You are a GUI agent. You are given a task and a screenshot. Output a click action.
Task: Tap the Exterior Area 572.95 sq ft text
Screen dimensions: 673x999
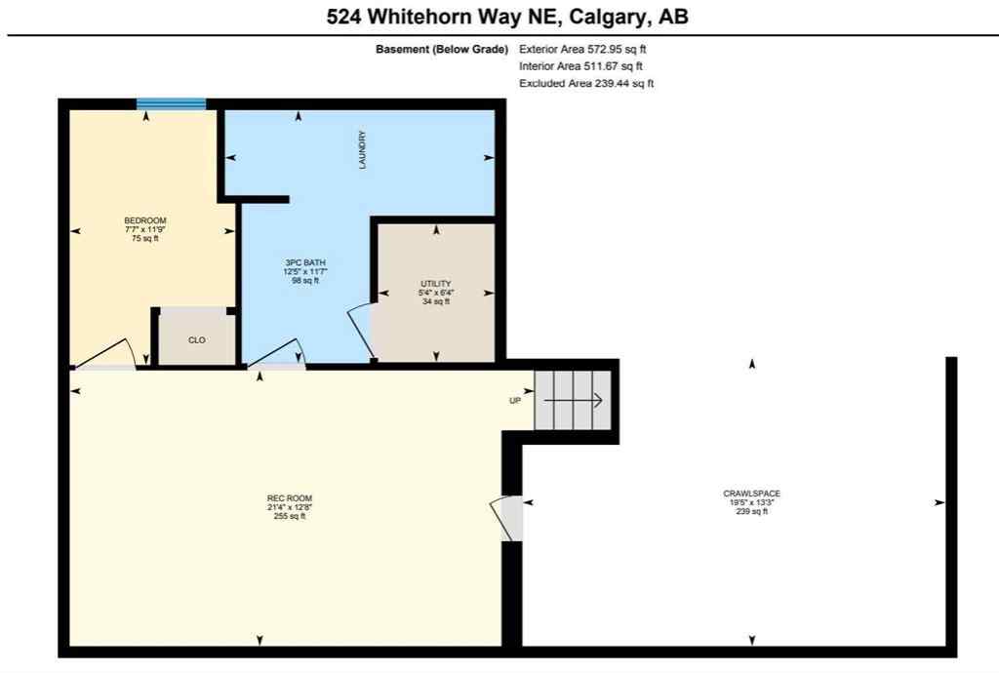coord(581,48)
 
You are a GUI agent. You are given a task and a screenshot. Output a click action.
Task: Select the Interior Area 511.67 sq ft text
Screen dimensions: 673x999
coord(579,65)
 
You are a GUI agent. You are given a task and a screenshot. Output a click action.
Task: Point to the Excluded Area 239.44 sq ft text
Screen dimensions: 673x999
coord(585,83)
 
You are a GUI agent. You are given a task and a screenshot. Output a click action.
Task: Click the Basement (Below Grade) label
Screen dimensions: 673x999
coord(441,48)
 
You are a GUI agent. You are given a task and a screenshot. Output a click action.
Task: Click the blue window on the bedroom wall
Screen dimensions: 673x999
coord(171,103)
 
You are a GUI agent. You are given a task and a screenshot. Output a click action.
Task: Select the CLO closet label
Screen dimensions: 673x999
coord(197,341)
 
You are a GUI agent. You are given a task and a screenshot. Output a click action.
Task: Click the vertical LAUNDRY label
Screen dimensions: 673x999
coord(362,150)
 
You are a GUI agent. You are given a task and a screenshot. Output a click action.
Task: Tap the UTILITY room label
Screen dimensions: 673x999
coord(435,284)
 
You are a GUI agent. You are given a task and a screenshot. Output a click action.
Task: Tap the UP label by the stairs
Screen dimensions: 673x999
coord(516,401)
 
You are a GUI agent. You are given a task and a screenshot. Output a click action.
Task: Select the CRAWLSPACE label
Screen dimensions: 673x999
coord(751,494)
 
